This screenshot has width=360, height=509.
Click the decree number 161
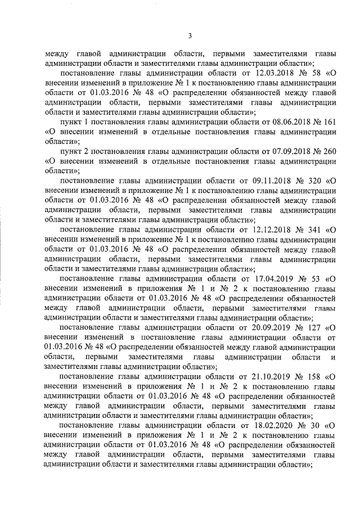coord(323,122)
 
